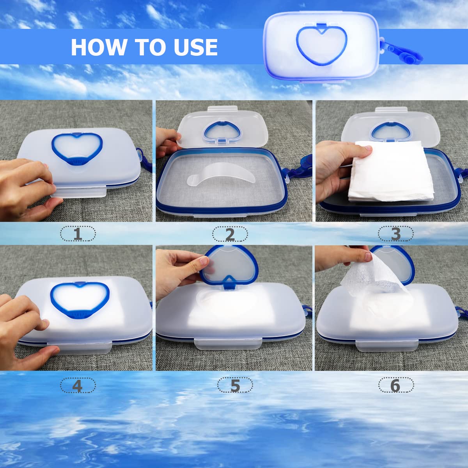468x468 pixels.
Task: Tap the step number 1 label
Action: click(x=78, y=234)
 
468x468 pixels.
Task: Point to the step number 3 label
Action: click(x=395, y=234)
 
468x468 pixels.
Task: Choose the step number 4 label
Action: click(x=78, y=385)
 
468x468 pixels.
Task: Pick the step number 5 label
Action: click(x=235, y=385)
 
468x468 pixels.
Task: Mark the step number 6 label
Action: click(x=395, y=385)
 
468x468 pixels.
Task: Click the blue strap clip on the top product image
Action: click(x=401, y=51)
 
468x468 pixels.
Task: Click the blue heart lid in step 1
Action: click(x=77, y=149)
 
